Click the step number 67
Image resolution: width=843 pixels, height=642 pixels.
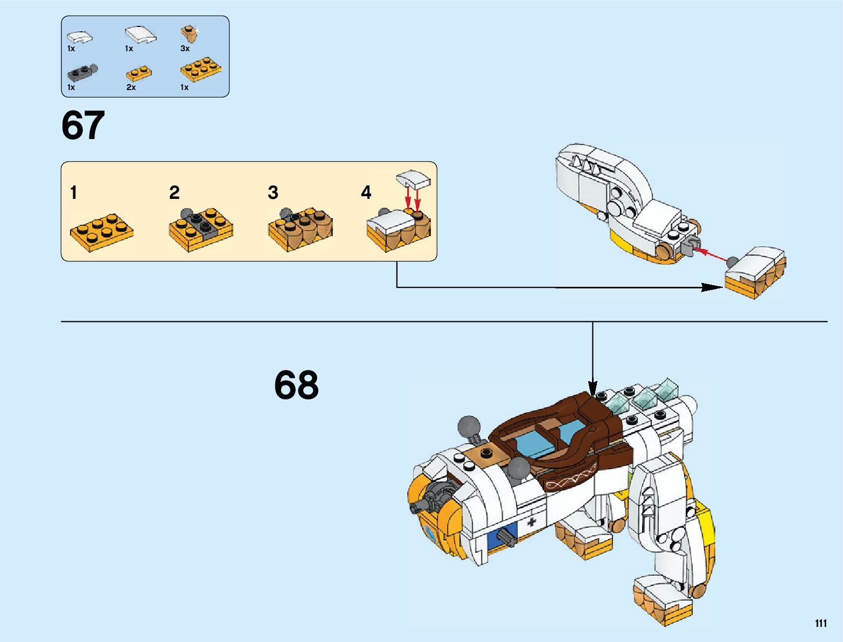pos(83,126)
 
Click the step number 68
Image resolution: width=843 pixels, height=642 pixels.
pos(296,385)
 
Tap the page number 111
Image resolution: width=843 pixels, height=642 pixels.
pos(820,623)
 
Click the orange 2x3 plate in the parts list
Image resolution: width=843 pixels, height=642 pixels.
pos(200,70)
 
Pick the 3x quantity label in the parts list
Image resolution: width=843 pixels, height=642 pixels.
pos(185,49)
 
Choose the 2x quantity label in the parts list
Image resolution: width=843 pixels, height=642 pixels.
pos(131,87)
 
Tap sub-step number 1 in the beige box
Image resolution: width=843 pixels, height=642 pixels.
pos(74,192)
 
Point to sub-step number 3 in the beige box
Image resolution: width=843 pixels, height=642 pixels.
pos(273,192)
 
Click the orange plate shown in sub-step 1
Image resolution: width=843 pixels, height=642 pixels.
pos(102,232)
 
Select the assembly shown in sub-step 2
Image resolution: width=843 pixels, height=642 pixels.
pos(201,229)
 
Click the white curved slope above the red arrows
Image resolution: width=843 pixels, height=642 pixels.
pos(413,179)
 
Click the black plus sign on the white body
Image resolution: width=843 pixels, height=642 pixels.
pos(532,521)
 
